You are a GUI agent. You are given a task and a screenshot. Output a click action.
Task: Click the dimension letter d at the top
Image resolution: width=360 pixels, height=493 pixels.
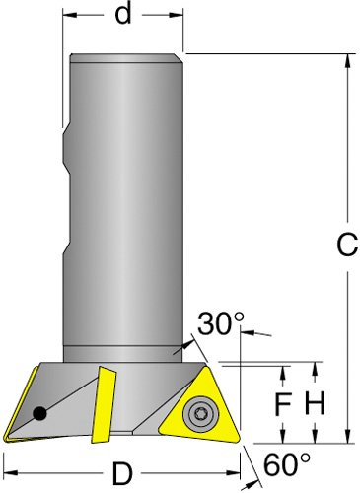(123, 14)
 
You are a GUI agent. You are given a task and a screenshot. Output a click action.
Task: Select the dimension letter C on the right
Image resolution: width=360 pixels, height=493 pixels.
(347, 245)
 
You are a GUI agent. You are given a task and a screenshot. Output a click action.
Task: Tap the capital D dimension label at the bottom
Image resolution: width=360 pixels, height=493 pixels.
(122, 473)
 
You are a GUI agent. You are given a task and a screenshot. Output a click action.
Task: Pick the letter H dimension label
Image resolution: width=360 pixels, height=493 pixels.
(315, 402)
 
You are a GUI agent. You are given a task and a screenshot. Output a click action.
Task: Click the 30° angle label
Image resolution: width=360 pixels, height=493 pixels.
(221, 323)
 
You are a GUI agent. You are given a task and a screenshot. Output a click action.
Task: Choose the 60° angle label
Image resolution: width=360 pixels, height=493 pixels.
(287, 464)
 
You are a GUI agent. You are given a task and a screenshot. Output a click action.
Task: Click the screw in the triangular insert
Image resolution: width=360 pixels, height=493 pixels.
(199, 412)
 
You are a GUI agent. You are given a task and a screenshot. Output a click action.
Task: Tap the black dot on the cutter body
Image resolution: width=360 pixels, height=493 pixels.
(40, 413)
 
